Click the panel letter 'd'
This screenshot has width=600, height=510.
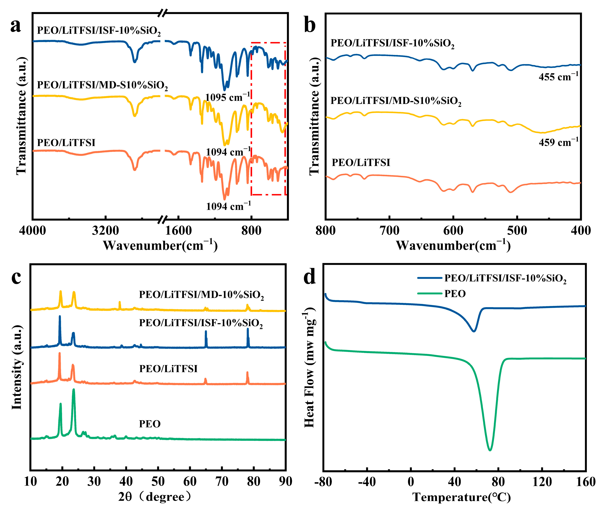tap(310, 277)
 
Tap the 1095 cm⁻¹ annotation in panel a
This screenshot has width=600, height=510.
tap(228, 97)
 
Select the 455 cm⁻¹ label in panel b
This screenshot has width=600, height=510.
tap(558, 77)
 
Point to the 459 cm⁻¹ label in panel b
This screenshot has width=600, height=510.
tap(558, 142)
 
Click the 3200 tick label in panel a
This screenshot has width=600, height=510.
tap(106, 231)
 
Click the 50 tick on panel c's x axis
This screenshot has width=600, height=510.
tap(158, 481)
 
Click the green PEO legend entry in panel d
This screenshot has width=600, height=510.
tap(455, 294)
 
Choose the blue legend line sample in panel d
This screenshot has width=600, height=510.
tap(430, 278)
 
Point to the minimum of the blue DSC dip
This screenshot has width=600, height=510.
tap(474, 331)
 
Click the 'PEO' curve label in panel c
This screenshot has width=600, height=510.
tap(150, 424)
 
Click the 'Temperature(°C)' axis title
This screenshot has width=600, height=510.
tap(462, 497)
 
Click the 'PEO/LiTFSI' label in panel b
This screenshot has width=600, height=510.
tap(361, 163)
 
